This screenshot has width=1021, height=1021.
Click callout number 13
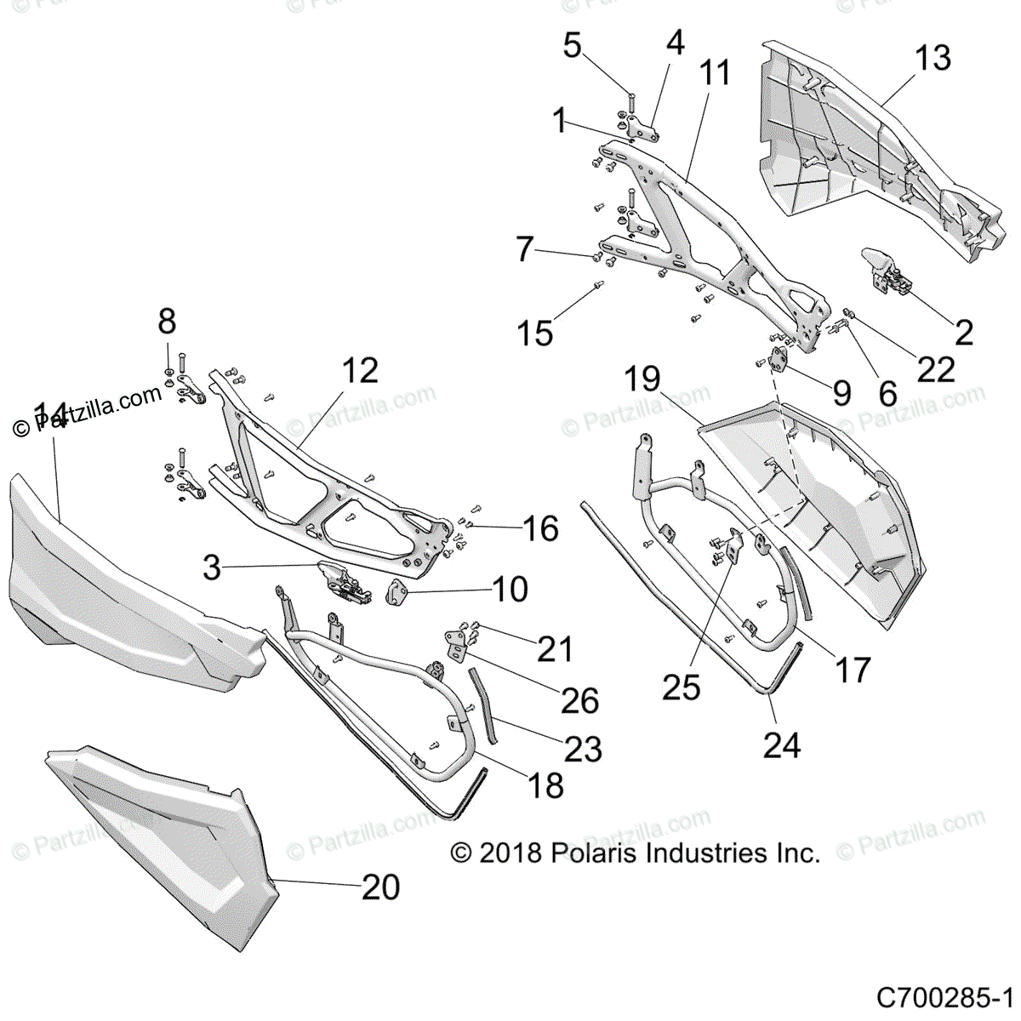pos(933,58)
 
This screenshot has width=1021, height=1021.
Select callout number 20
pos(380,887)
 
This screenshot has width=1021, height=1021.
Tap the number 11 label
pos(715,73)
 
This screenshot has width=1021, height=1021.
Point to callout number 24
pos(782,745)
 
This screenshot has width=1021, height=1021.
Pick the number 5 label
pos(573,45)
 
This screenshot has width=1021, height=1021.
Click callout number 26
pos(579,700)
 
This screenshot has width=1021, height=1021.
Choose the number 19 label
pos(642,379)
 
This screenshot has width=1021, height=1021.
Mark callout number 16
pos(540,528)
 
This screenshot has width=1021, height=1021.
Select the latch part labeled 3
pos(345,581)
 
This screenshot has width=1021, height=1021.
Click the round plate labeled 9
pos(779,359)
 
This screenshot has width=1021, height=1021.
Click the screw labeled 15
pos(598,285)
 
